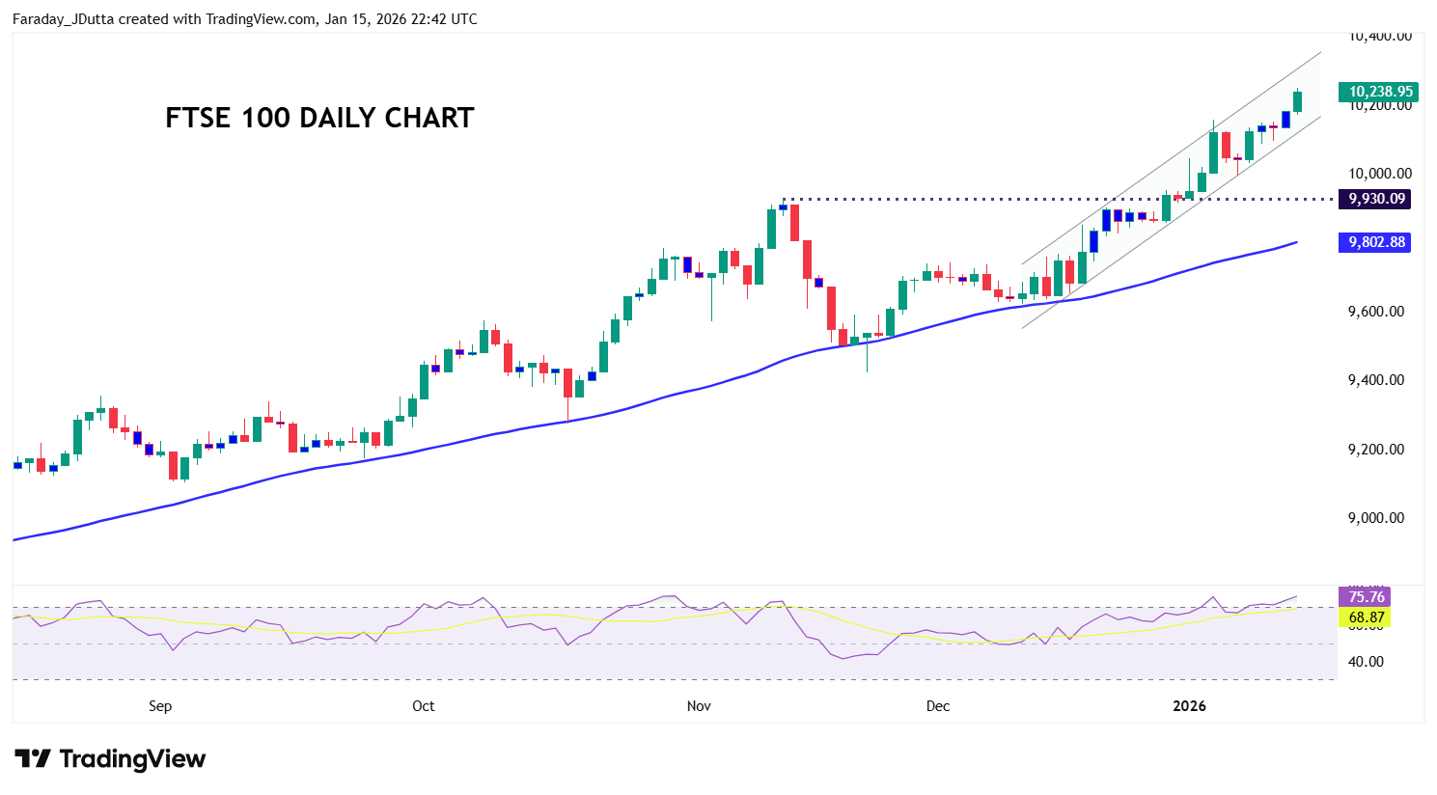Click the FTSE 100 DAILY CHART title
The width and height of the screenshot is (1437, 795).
[x=319, y=118]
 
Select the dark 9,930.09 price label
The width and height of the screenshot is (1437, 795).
[x=1376, y=199]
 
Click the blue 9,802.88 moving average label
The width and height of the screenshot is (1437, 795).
[x=1376, y=242]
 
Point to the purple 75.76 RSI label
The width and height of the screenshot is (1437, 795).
[x=1366, y=597]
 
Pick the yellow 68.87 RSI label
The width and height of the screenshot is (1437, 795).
[x=1366, y=617]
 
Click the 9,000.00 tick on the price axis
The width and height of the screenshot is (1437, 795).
[x=1375, y=518]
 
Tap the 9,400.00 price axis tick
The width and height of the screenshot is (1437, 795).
[x=1375, y=380]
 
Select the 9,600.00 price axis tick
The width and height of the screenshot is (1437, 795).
[x=1375, y=312]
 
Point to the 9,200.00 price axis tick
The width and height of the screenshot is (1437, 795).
[x=1375, y=450]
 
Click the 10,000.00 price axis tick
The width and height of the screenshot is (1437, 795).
[x=1379, y=174]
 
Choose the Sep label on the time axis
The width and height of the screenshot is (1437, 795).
[x=160, y=706]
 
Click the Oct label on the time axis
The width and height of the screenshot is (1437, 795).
[x=423, y=706]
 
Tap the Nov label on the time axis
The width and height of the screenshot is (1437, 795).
[x=699, y=706]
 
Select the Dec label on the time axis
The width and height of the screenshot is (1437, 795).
[x=937, y=706]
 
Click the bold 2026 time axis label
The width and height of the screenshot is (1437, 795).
[x=1189, y=706]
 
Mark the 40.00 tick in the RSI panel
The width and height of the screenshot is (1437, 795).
[x=1365, y=662]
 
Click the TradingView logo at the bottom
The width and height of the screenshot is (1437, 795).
[x=110, y=759]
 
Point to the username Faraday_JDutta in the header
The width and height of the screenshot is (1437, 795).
[x=64, y=19]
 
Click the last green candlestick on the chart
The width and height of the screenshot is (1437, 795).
[x=1298, y=101]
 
